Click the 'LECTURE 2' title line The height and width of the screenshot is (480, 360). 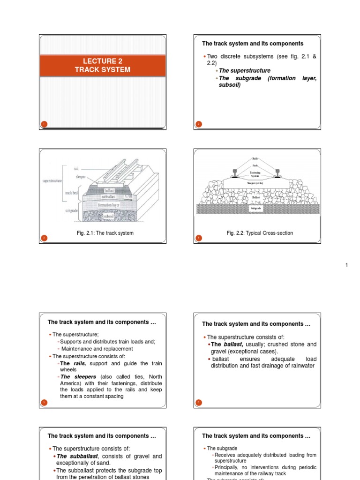click(x=102, y=61)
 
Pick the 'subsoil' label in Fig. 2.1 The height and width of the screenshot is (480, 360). click(x=109, y=217)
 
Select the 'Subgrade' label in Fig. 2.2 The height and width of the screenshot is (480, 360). click(x=256, y=208)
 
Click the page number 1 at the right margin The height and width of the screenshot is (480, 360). click(x=347, y=266)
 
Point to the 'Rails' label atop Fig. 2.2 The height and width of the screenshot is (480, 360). click(x=256, y=159)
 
